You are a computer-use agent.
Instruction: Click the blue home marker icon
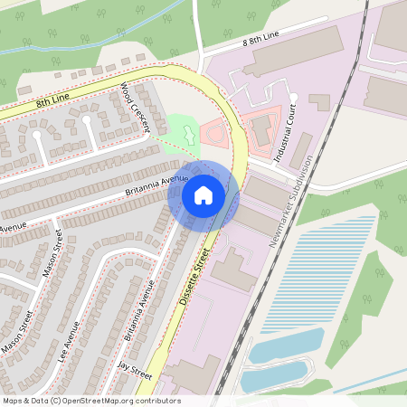coord(203,194)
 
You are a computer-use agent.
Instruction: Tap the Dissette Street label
coord(197,277)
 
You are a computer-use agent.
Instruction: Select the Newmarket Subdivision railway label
coord(290,201)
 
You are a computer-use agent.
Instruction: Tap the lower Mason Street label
coord(17,333)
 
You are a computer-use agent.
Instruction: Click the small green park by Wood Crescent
coord(184,131)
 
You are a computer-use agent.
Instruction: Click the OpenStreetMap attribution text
coord(90,401)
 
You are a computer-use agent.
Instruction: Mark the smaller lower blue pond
coord(276,375)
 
